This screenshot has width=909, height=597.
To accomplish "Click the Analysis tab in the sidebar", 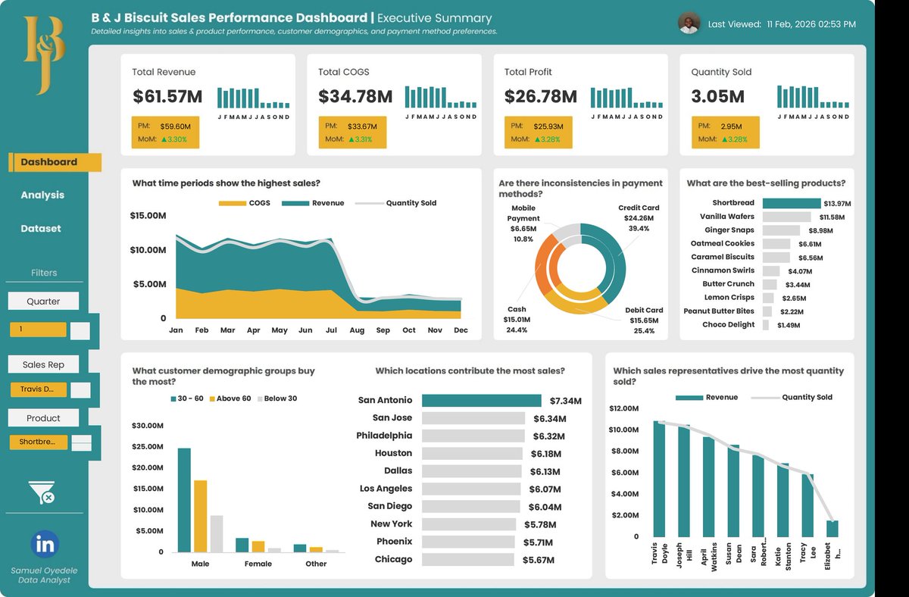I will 42,195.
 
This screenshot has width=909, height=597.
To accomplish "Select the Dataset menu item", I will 41,229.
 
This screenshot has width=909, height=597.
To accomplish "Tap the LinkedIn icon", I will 45,544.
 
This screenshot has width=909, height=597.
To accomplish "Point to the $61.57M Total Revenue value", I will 167,97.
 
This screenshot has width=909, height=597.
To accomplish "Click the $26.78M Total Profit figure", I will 540,97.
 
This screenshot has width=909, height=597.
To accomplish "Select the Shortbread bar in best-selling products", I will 791,203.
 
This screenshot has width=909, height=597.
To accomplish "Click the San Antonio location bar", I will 481,401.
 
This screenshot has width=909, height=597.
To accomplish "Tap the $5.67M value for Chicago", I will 539,561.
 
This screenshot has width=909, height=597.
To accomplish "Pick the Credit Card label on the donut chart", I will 639,208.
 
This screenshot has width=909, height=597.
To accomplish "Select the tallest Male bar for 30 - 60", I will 184,500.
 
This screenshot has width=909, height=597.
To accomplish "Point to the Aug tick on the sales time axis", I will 357,330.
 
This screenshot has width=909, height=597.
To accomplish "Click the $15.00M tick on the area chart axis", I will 148,216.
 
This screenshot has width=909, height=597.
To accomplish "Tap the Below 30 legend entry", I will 277,399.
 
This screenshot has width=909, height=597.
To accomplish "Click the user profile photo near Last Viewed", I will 688,23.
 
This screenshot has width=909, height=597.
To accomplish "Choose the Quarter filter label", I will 43,301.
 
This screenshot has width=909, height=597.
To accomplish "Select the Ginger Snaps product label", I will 729,230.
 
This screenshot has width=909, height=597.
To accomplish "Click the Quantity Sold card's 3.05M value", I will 717,97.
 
